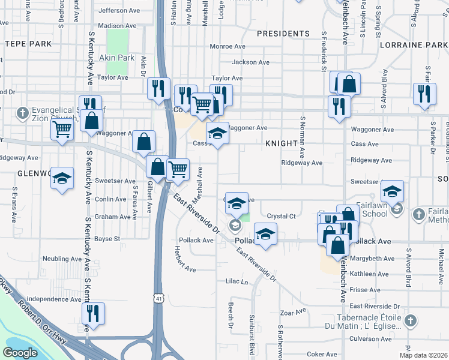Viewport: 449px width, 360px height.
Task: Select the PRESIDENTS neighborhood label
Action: pyautogui.click(x=283, y=34)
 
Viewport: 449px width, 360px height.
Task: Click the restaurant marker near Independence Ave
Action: pyautogui.click(x=93, y=313)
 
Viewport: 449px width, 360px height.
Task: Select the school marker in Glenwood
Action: pyautogui.click(x=62, y=178)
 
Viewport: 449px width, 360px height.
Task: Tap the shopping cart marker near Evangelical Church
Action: pyautogui.click(x=62, y=129)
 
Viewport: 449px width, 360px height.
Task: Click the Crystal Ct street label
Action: pyautogui.click(x=282, y=216)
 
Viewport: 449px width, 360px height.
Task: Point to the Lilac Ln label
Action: pyautogui.click(x=237, y=281)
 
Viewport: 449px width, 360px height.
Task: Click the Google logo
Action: pyautogui.click(x=20, y=353)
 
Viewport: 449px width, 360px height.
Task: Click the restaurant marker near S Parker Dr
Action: pyautogui.click(x=424, y=94)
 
